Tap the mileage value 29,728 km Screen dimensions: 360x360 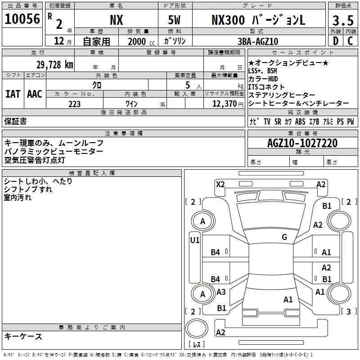point(43,64)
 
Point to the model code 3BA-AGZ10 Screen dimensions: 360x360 point(258,41)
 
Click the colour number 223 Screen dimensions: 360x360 point(75,104)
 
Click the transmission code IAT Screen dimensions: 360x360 point(13,94)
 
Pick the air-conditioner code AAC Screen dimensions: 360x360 point(34,94)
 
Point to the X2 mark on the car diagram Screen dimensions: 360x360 point(220,184)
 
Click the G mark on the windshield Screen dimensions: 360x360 point(284,237)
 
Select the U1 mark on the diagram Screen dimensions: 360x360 point(195,240)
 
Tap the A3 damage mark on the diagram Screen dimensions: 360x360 point(221,292)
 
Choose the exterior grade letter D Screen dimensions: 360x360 point(335,41)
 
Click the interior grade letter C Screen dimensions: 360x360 point(350,41)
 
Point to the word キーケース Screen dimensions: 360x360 point(23,336)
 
